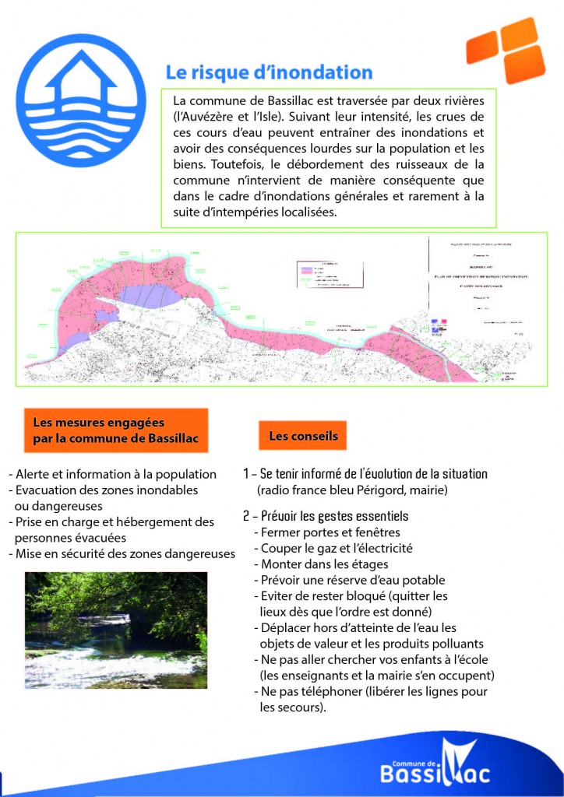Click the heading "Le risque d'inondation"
coord(269,72)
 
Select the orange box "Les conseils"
coord(303,436)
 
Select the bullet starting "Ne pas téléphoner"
coord(370,692)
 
